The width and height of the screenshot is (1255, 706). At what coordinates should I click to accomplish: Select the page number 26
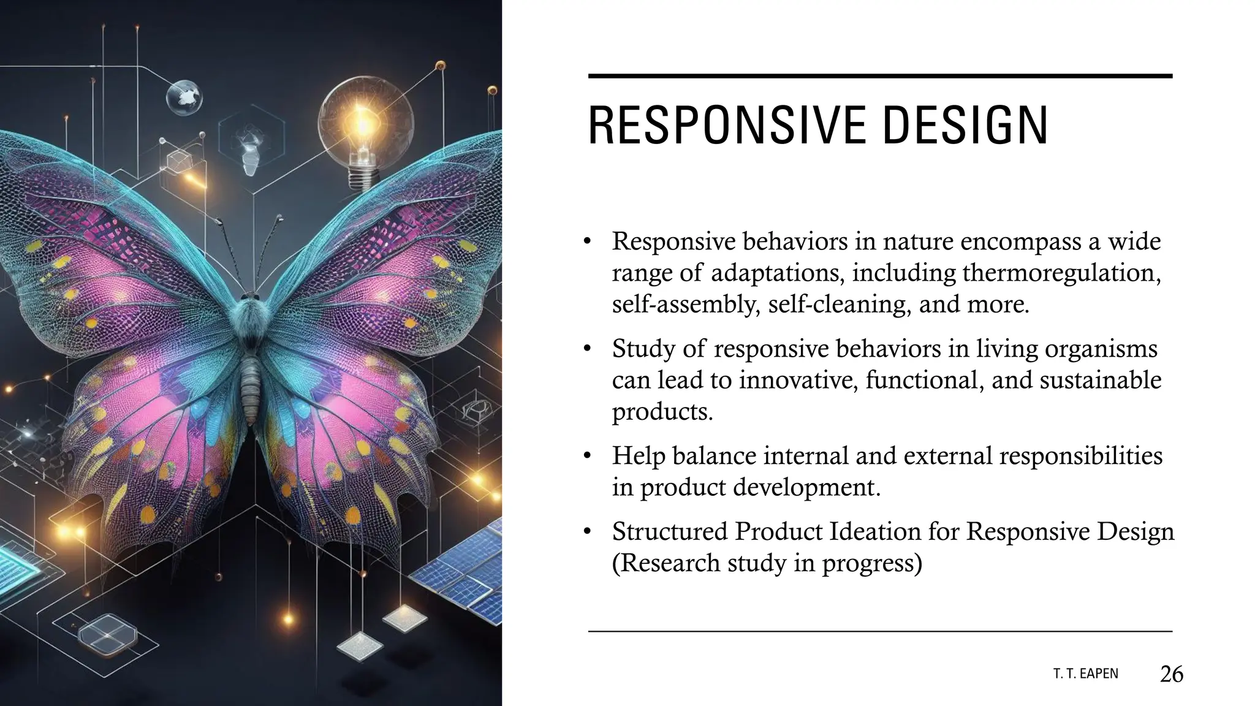[1171, 674]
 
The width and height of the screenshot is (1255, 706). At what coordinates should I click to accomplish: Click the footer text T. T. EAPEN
[1085, 674]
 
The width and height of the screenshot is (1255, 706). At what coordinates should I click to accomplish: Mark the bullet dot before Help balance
[586, 457]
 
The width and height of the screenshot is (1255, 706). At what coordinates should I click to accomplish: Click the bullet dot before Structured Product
[586, 532]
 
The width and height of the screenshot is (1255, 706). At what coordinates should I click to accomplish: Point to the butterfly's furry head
[249, 306]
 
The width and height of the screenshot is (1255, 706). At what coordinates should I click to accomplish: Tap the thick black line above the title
[879, 76]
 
